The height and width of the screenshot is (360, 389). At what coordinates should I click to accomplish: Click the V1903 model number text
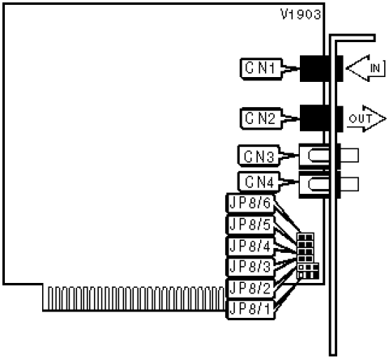[301, 15]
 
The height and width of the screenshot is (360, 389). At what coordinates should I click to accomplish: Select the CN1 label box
[261, 69]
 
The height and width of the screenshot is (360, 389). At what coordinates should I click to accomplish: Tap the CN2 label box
[261, 118]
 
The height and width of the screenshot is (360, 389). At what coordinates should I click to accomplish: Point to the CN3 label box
[259, 156]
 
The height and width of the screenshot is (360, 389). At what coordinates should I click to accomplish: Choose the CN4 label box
[259, 182]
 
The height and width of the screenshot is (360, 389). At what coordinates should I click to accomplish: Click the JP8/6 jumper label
[250, 203]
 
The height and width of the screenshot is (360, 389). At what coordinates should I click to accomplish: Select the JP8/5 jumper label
[250, 225]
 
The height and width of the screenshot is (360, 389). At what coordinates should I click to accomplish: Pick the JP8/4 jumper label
[250, 246]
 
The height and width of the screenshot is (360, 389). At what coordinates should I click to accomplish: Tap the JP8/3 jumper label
[250, 267]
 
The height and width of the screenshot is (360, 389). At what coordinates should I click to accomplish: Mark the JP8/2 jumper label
[250, 289]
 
